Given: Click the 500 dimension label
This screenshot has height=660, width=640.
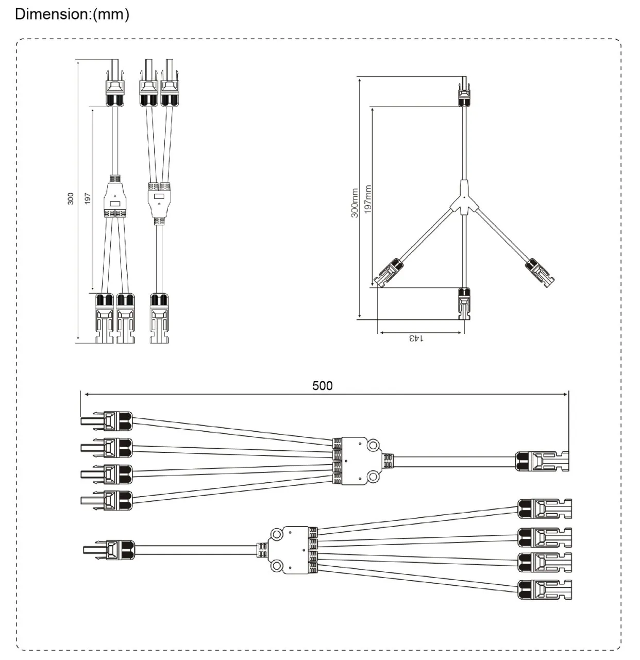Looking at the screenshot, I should [323, 385].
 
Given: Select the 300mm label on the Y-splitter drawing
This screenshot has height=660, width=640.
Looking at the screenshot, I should [355, 202].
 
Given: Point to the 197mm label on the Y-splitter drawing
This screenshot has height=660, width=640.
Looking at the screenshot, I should [368, 199].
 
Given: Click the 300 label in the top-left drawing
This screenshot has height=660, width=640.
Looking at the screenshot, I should [71, 199].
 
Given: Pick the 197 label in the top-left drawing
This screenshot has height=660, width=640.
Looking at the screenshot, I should [88, 199].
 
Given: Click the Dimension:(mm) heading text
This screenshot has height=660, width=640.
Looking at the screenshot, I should [72, 14].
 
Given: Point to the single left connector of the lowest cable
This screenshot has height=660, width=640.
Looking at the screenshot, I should [110, 550].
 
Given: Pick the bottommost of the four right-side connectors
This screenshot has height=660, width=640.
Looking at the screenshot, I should [545, 589].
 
